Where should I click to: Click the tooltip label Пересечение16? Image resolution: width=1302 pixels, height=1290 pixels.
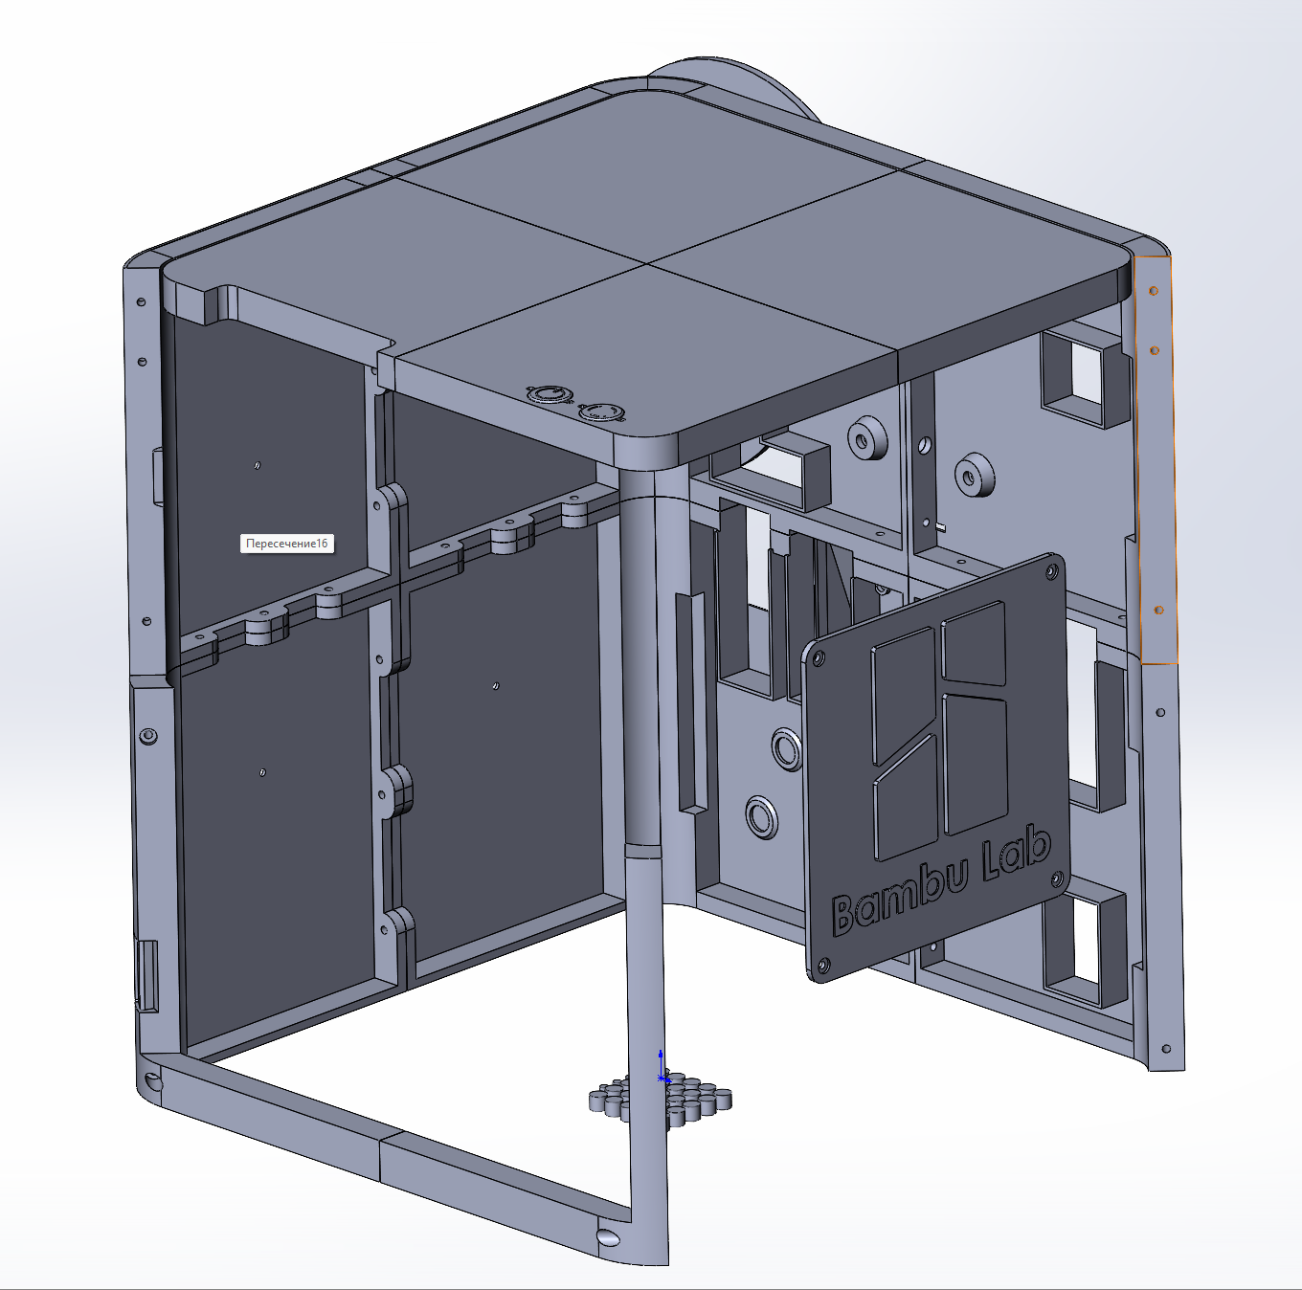tap(286, 544)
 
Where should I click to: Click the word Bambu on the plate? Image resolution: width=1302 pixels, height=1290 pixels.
tap(899, 897)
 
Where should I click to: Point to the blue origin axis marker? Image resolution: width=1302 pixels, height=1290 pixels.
tap(662, 1067)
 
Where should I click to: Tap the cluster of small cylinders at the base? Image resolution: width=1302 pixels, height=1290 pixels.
tap(661, 1099)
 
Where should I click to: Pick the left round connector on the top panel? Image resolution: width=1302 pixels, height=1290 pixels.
tap(547, 393)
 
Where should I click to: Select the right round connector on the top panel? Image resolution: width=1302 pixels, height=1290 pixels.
tap(600, 412)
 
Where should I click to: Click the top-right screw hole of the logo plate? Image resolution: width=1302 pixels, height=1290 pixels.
tap(1052, 571)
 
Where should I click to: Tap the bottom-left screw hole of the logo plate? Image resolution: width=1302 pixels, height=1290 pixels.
tap(819, 967)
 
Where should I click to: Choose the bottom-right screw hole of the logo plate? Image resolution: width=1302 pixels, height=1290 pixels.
tap(1058, 879)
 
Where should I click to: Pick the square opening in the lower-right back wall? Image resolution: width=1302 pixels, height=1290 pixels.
tap(1085, 942)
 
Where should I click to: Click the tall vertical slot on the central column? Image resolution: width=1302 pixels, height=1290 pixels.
tap(690, 703)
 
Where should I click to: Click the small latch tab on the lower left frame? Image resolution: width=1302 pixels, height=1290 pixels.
tap(148, 974)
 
